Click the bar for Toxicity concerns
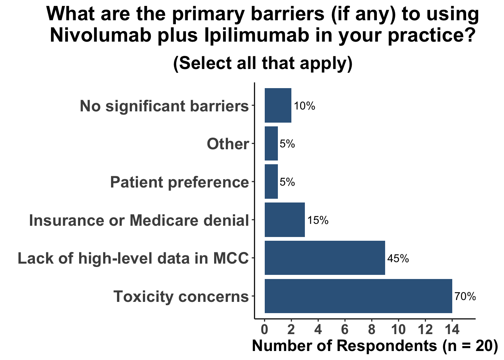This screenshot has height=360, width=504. (x=358, y=296)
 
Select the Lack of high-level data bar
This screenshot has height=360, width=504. (x=325, y=258)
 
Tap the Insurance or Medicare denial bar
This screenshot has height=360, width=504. (x=285, y=220)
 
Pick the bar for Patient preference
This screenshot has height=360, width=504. (x=271, y=182)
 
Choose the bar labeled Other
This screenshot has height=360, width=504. (x=271, y=144)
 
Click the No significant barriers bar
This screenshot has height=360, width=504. (x=278, y=105)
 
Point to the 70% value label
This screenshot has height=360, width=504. (x=465, y=297)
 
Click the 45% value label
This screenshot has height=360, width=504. (x=398, y=258)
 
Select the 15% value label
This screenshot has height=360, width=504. (x=318, y=220)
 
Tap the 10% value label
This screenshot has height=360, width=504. (x=304, y=106)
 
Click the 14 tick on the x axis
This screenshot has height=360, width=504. (x=452, y=330)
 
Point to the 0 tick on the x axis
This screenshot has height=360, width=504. (x=264, y=330)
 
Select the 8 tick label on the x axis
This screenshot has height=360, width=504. (x=372, y=330)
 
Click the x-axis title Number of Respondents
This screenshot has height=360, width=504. (x=374, y=345)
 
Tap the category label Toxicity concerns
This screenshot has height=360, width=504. (x=181, y=296)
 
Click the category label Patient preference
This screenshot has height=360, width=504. (x=179, y=182)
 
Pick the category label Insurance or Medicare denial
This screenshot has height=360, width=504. (x=139, y=220)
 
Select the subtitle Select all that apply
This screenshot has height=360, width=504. (x=263, y=63)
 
